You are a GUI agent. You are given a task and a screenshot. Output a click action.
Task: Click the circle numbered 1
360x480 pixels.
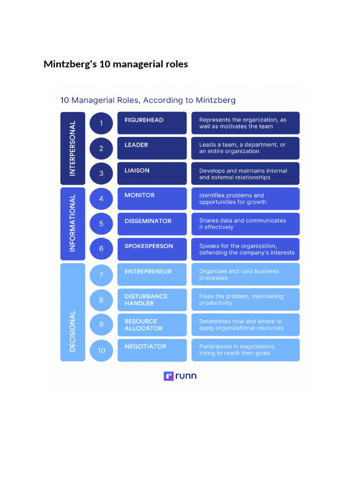pyautogui.click(x=101, y=124)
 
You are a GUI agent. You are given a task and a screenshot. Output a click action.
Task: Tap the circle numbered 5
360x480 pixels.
pyautogui.click(x=101, y=224)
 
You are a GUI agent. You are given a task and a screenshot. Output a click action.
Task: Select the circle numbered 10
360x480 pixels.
pyautogui.click(x=101, y=350)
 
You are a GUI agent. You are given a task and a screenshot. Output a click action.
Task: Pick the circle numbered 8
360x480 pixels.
pyautogui.click(x=101, y=300)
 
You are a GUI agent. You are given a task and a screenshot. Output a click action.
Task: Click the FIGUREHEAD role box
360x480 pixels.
pyautogui.click(x=152, y=123)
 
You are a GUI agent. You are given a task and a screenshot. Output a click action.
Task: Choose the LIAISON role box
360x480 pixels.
pyautogui.click(x=152, y=173)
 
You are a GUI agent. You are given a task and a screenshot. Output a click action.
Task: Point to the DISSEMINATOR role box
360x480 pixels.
pyautogui.click(x=152, y=224)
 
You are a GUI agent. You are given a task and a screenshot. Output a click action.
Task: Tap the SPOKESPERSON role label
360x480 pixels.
pyautogui.click(x=149, y=246)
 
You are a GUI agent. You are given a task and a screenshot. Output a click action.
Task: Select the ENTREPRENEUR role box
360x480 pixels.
pyautogui.click(x=152, y=274)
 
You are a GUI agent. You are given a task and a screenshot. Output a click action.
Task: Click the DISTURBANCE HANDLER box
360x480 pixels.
pyautogui.click(x=152, y=300)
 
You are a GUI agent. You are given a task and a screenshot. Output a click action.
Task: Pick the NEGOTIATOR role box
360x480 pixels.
pyautogui.click(x=152, y=350)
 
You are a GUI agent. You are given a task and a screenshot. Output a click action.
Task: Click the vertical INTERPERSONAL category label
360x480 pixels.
pyautogui.click(x=73, y=148)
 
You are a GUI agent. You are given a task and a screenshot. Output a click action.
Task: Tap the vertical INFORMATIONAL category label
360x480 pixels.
pyautogui.click(x=73, y=224)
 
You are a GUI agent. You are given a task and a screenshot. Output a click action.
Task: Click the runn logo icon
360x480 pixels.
pyautogui.click(x=169, y=376)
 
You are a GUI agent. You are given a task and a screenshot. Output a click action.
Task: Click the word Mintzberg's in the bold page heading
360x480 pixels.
pyautogui.click(x=70, y=64)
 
